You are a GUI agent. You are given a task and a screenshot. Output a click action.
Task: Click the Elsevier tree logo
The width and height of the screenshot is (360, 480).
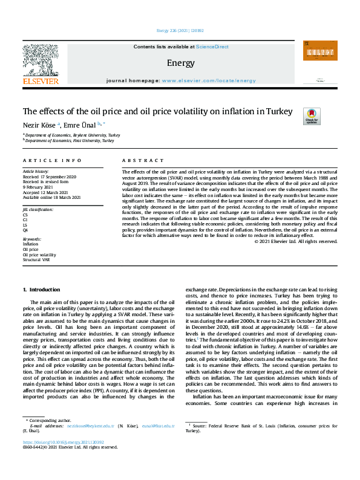coord(41,62)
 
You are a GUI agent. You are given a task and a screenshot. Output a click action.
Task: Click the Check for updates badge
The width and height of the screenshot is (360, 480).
coord(312,116)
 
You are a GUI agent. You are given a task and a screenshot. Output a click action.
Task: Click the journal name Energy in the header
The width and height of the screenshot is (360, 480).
coord(180,62)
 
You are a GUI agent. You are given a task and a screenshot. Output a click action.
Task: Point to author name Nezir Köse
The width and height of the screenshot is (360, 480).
coord(39,125)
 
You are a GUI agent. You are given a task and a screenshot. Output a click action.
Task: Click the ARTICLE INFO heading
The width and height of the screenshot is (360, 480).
coord(52,160)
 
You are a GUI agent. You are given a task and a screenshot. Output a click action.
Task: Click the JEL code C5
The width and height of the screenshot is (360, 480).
coord(25,215)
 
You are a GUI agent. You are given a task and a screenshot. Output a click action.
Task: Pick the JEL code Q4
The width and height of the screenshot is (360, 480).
coord(25,230)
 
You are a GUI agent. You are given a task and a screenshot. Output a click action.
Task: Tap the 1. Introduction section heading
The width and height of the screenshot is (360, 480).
coord(42,290)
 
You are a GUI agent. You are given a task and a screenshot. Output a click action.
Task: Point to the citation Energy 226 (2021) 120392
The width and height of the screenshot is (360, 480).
coord(180,30)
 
